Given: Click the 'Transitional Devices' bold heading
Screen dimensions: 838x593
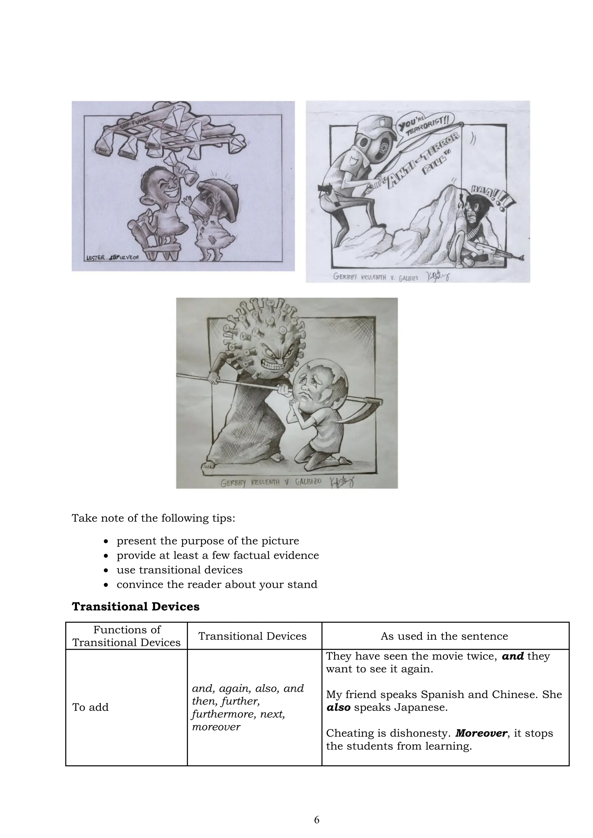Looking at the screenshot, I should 136,607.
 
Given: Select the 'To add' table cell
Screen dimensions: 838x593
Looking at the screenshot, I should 90,707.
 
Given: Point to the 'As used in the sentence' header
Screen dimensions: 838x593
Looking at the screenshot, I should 444,636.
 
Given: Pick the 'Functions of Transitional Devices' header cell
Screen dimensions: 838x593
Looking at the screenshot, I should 127,636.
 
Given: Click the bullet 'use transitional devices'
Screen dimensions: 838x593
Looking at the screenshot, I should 180,570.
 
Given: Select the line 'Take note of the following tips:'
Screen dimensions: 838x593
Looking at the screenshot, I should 153,518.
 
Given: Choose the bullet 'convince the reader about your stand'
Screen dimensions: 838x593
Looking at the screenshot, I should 217,584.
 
